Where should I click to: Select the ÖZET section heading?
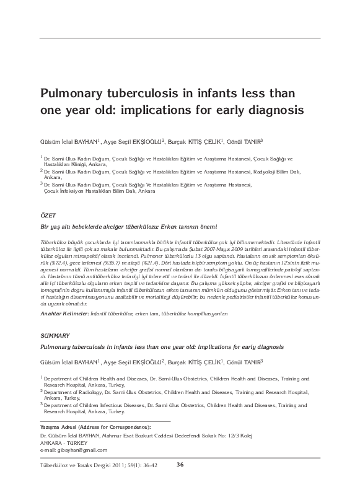(47, 215)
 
